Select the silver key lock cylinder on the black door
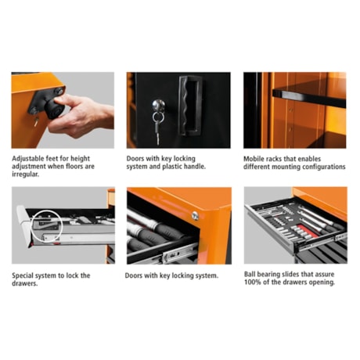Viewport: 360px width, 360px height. tap(157, 103)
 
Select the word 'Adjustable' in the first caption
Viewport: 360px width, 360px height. tap(29, 157)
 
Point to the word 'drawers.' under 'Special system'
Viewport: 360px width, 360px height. tap(27, 283)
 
